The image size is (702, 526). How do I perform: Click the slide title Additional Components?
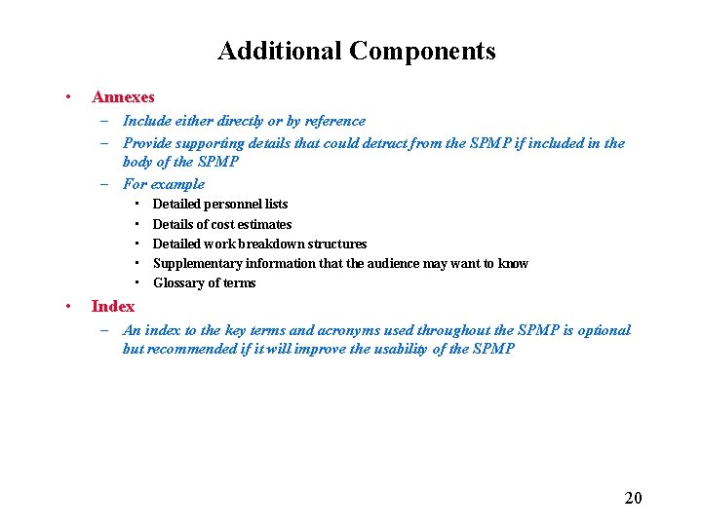tap(356, 51)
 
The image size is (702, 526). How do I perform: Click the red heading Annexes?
tap(123, 97)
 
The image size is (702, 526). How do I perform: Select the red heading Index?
tap(113, 306)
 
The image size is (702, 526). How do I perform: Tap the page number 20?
tap(633, 499)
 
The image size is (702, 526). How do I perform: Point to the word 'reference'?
tap(333, 121)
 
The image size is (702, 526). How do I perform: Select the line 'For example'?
tap(164, 183)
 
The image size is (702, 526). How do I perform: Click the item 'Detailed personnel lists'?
tap(220, 205)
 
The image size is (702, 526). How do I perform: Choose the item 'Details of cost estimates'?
tap(222, 224)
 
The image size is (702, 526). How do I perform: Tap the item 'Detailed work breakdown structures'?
tap(259, 244)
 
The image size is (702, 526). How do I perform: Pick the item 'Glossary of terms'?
tap(205, 283)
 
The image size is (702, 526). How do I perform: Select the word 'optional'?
tap(604, 330)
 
